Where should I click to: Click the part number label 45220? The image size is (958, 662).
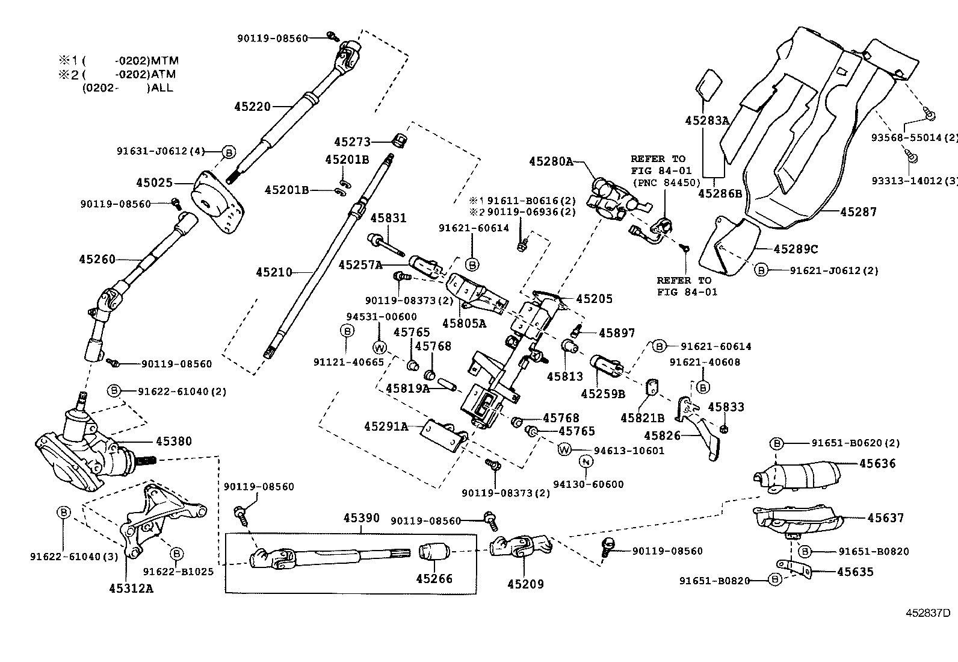pyautogui.click(x=252, y=107)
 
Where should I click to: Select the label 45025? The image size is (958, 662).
pyautogui.click(x=154, y=182)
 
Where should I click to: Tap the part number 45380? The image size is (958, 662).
pyautogui.click(x=173, y=442)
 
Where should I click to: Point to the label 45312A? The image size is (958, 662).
pyautogui.click(x=131, y=588)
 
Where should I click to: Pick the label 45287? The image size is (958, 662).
pyautogui.click(x=858, y=212)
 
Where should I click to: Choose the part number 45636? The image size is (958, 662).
pyautogui.click(x=877, y=463)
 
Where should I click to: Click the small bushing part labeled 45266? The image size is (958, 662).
pyautogui.click(x=434, y=551)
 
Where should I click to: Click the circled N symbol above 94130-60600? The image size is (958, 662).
pyautogui.click(x=586, y=462)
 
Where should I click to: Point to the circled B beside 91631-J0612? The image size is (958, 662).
pyautogui.click(x=229, y=152)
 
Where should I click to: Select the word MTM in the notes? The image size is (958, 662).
pyautogui.click(x=165, y=61)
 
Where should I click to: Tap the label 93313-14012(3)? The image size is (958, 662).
pyautogui.click(x=914, y=181)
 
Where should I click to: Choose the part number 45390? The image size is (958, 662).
pyautogui.click(x=362, y=517)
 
